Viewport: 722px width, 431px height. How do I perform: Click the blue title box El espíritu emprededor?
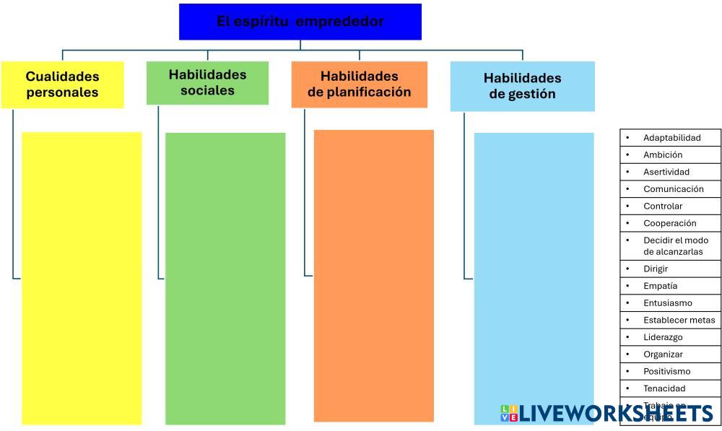coord(300,22)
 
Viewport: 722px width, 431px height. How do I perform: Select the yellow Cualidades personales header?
coord(62,84)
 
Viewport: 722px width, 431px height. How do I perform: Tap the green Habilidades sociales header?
coord(207,82)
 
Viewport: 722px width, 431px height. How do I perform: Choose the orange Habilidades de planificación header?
coord(359,84)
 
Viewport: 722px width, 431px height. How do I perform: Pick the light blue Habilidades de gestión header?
coord(522,86)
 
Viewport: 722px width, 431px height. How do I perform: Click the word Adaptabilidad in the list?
coord(671,137)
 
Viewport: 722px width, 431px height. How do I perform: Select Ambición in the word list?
coord(662,154)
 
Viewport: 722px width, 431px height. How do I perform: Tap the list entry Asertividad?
coord(666,172)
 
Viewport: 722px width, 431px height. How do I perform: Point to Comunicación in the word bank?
coord(673,189)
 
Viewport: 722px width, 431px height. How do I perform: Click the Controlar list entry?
coord(662,206)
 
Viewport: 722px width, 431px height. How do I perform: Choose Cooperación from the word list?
coord(669,223)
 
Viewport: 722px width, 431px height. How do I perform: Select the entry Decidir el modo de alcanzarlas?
coord(675,246)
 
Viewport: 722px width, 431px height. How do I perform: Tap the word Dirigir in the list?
coord(655,269)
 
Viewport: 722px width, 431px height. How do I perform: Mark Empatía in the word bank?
coord(660,286)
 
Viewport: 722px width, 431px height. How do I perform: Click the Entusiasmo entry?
coord(667,303)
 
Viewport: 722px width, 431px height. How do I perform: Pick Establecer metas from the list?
coord(679,320)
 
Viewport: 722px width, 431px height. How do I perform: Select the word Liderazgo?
coord(662,337)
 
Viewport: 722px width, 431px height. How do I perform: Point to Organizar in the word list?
coord(662,354)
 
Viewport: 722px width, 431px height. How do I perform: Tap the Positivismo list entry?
coord(666,371)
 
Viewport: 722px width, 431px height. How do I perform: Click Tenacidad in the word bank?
coord(664,388)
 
